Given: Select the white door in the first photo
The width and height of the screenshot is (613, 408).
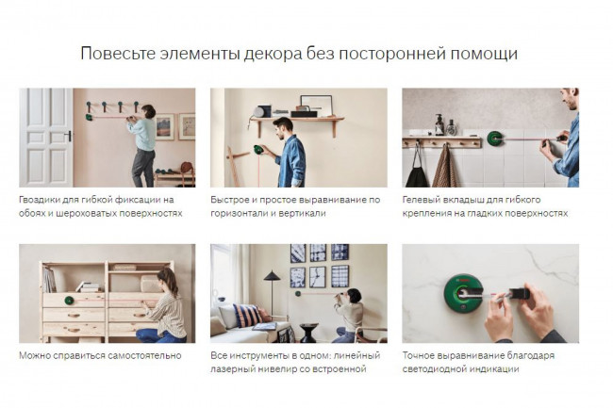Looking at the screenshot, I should (x=45, y=137).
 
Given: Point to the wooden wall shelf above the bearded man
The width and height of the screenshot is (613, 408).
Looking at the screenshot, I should (x=298, y=120).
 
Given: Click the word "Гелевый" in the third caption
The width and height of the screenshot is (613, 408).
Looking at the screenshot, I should (x=422, y=200).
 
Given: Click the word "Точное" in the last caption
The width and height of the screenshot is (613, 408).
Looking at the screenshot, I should (x=421, y=356).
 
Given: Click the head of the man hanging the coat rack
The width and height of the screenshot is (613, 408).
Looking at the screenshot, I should (x=147, y=111).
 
